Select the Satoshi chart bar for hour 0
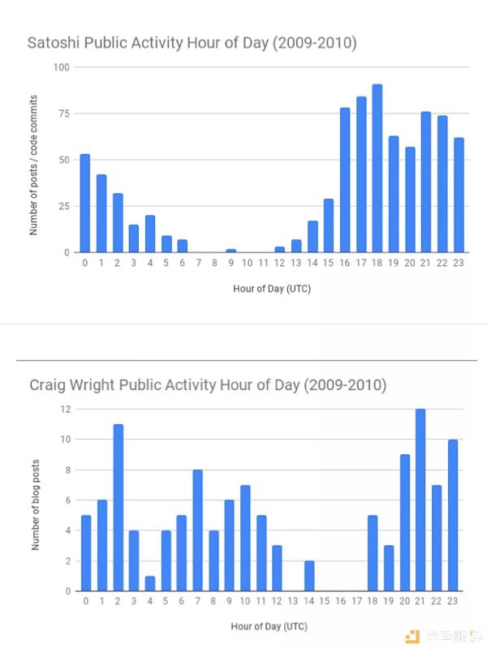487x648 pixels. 85,203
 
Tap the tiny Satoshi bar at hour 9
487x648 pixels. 231,251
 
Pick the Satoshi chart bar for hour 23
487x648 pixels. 459,195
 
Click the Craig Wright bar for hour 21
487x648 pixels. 420,500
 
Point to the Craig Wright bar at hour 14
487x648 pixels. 309,576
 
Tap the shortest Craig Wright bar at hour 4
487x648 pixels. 150,583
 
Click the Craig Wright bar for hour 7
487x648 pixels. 197,530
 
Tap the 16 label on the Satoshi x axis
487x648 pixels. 344,263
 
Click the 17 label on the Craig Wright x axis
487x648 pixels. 356,602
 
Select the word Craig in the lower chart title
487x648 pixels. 49,384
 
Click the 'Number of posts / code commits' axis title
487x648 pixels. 34,159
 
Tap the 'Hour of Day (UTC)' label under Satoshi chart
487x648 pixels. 271,289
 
